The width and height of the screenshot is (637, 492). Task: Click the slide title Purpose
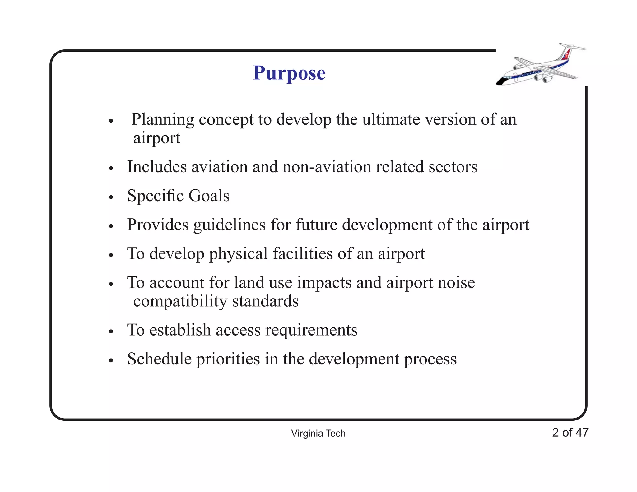289,73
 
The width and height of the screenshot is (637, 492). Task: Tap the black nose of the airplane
500,82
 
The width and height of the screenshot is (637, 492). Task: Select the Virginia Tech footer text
318,433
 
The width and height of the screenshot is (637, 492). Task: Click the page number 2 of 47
570,432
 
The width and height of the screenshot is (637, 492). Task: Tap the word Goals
209,196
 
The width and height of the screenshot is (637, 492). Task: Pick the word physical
238,254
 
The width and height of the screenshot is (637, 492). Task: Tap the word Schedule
159,359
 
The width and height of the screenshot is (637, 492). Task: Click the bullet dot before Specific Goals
111,197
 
